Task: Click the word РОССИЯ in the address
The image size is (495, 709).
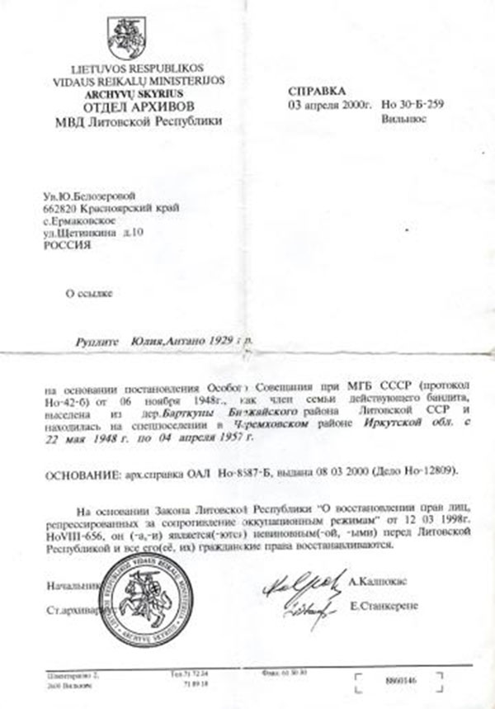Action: click(x=65, y=245)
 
